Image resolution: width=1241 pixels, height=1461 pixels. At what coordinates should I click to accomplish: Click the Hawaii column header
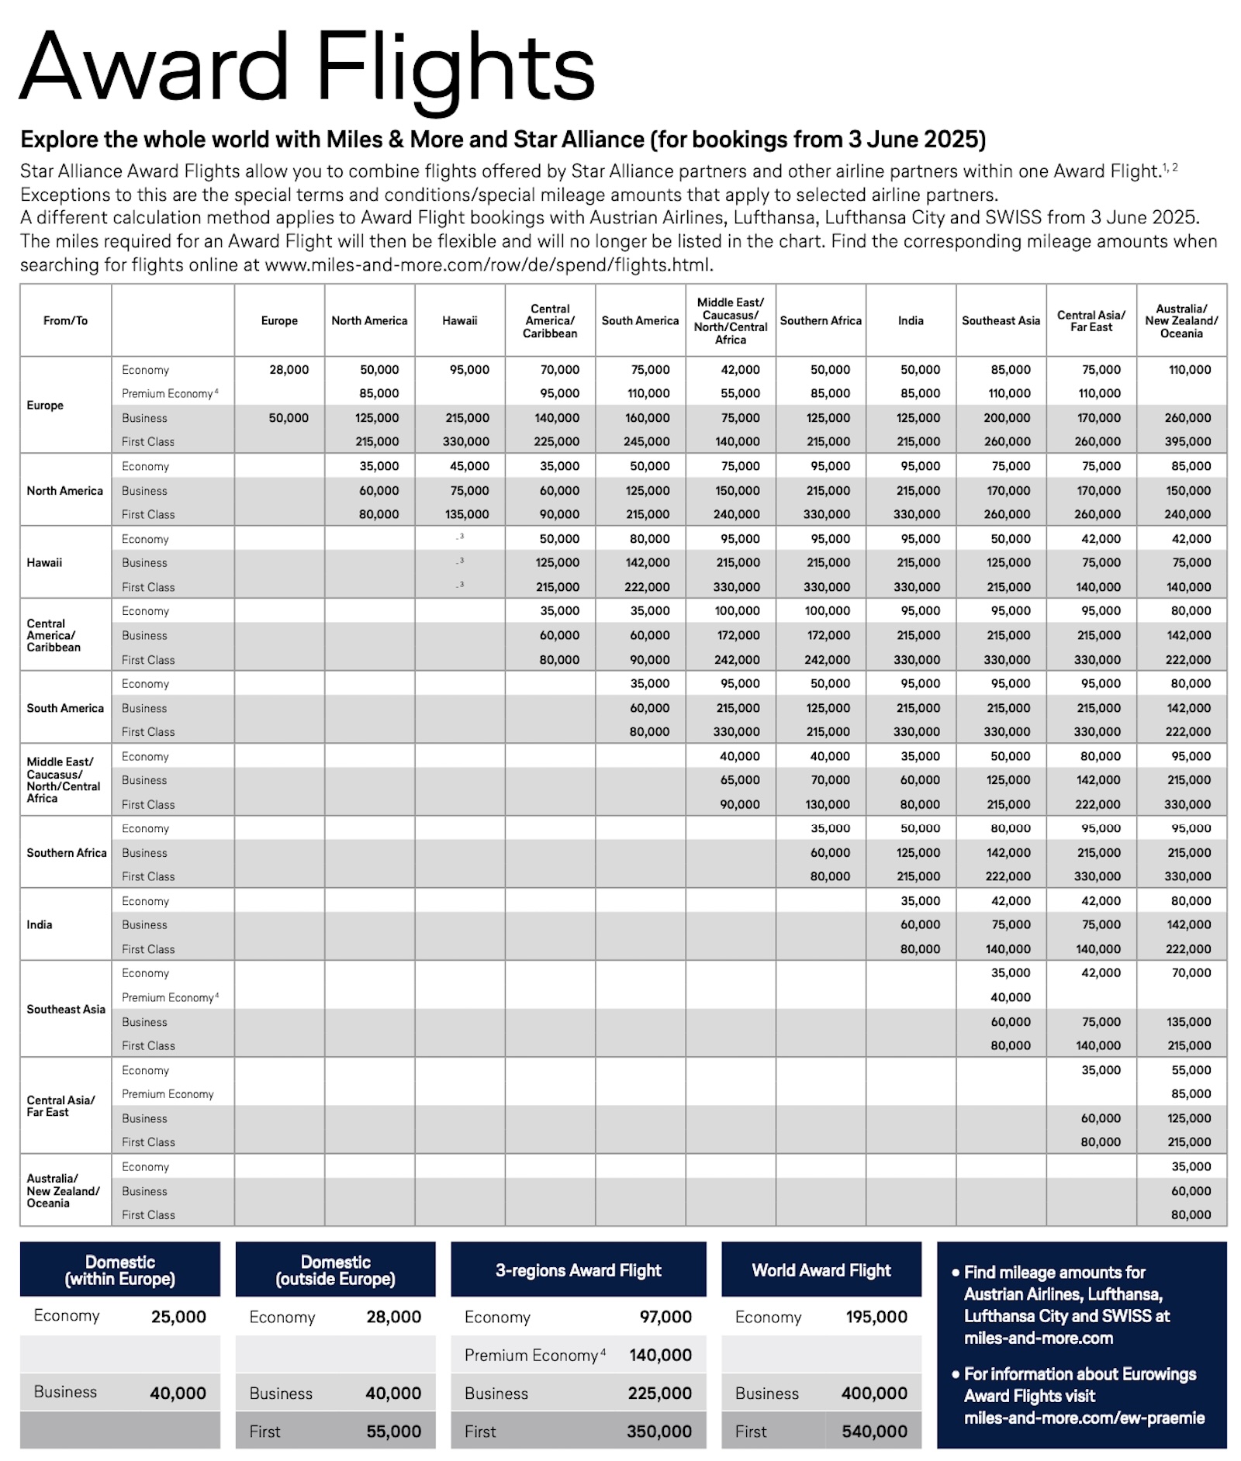pyautogui.click(x=459, y=320)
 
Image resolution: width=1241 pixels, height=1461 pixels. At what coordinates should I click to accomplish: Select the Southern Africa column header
pyautogui.click(x=821, y=320)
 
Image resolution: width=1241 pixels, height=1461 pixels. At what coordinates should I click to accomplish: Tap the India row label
pyautogui.click(x=40, y=924)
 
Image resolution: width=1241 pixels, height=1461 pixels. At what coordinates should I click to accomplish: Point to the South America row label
pyautogui.click(x=65, y=708)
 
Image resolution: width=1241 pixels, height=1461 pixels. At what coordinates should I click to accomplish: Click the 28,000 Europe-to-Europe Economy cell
pyautogui.click(x=289, y=370)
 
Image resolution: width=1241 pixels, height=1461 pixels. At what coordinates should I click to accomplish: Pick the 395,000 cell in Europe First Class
pyautogui.click(x=1188, y=441)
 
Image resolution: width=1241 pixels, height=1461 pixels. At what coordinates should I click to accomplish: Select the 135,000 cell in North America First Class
pyautogui.click(x=468, y=514)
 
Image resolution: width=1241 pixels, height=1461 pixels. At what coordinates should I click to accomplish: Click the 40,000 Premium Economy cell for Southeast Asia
pyautogui.click(x=1010, y=997)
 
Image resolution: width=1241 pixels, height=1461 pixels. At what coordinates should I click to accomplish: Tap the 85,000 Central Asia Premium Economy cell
pyautogui.click(x=1191, y=1093)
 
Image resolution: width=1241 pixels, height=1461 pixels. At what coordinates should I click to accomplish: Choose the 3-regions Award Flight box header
pyautogui.click(x=578, y=1270)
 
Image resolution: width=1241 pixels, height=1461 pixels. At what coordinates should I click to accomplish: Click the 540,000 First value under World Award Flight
pyautogui.click(x=874, y=1432)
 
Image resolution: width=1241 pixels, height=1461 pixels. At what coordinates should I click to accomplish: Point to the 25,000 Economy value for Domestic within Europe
pyautogui.click(x=178, y=1317)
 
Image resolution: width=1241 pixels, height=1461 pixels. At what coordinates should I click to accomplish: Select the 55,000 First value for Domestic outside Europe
pyautogui.click(x=393, y=1432)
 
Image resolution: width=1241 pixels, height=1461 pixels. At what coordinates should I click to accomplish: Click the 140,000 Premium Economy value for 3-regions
pyautogui.click(x=660, y=1355)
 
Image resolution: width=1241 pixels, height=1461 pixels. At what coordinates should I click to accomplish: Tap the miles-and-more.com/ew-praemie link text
pyautogui.click(x=1084, y=1418)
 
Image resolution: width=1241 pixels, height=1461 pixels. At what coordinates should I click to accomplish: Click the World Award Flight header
pyautogui.click(x=821, y=1270)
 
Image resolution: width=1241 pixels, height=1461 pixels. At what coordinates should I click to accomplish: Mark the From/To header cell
pyautogui.click(x=65, y=320)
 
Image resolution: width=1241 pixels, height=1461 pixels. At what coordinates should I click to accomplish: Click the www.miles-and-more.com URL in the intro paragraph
pyautogui.click(x=488, y=264)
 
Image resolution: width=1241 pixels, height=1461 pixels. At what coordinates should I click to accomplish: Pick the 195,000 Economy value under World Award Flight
pyautogui.click(x=876, y=1317)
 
